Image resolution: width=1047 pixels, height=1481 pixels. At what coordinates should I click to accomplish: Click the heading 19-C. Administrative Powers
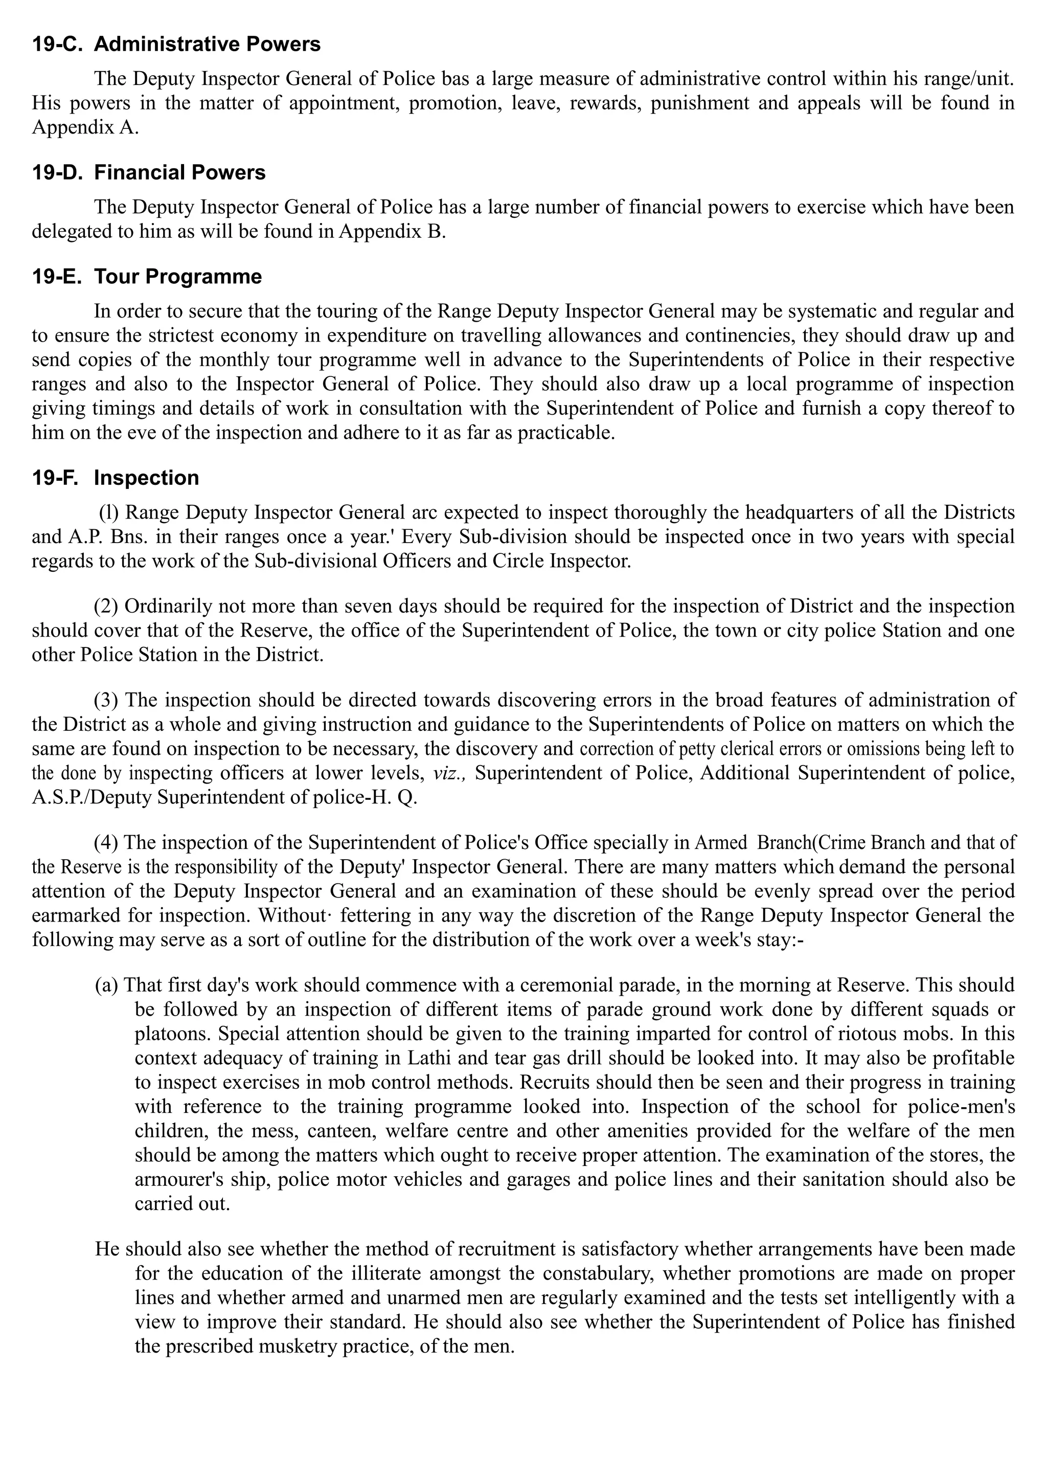pos(176,44)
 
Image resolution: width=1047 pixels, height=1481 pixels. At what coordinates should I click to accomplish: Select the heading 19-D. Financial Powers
pos(148,173)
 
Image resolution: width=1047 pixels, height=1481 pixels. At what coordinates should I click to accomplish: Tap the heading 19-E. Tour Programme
pos(147,277)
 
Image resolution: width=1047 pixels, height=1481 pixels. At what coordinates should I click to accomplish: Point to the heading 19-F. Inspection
pos(116,478)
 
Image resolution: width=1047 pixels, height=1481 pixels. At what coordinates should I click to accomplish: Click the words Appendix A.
pos(85,128)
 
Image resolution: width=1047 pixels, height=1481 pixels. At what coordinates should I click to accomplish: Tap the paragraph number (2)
pos(106,607)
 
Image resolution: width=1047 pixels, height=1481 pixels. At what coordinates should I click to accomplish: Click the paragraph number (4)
pos(106,842)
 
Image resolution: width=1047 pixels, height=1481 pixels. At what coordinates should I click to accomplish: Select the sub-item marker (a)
pos(107,985)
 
